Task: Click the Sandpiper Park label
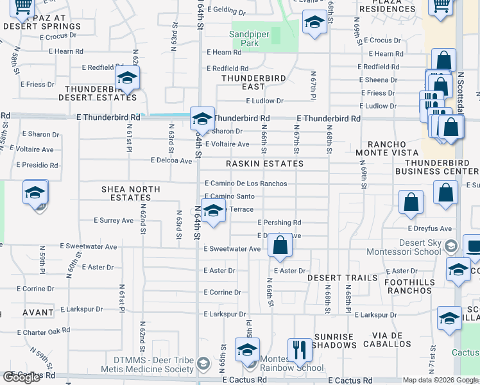[x=244, y=38]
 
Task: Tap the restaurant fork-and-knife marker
[x=300, y=350]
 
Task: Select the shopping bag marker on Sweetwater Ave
[x=280, y=245]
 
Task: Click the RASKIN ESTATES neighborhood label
[x=264, y=164]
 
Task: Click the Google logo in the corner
[x=21, y=377]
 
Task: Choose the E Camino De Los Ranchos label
[x=246, y=184]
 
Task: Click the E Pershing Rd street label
[x=279, y=223]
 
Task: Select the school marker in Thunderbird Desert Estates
[x=128, y=78]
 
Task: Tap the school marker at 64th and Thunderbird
[x=202, y=119]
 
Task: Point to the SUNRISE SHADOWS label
[x=334, y=341]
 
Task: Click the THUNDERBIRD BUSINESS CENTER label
[x=437, y=167]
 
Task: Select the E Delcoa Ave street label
[x=171, y=160]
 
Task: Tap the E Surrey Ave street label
[x=113, y=220]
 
